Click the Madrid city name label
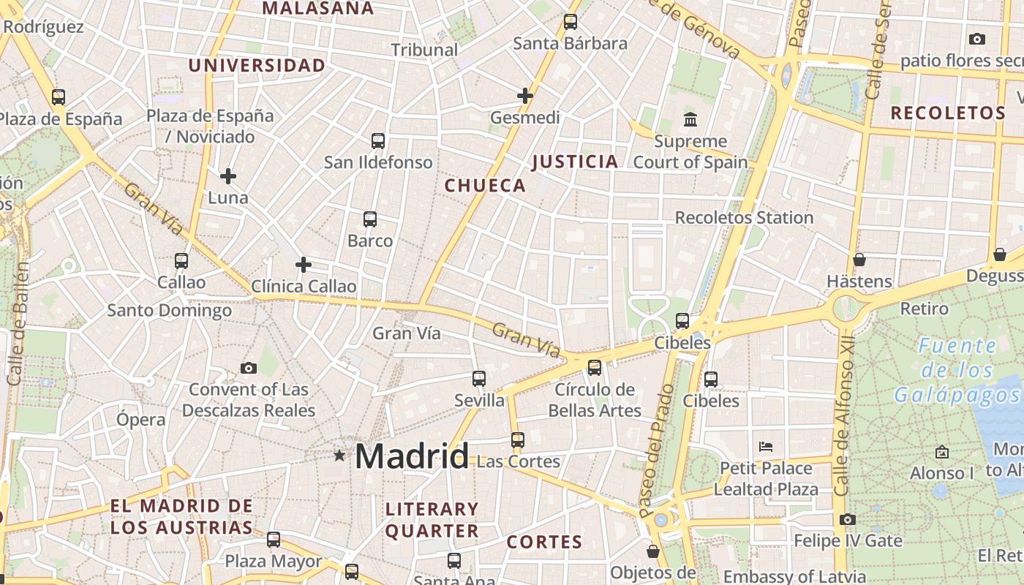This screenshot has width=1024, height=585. (412, 457)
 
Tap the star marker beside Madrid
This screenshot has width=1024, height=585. (339, 456)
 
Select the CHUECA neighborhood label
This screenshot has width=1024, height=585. (485, 186)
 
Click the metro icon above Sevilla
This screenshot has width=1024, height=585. (479, 379)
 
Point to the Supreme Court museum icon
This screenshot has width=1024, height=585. (690, 119)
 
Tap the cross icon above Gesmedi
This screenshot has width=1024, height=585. (525, 96)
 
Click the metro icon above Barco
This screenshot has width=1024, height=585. (370, 219)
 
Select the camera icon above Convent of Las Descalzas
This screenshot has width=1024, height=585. (249, 368)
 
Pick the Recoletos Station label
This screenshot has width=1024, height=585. (744, 217)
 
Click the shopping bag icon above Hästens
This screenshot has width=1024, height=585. (859, 260)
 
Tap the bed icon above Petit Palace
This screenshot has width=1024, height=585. (766, 446)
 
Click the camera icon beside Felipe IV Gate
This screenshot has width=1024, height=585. (848, 520)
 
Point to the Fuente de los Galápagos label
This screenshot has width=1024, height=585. (957, 371)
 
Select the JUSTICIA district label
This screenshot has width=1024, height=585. (575, 162)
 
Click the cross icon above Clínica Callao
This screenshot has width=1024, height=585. (304, 265)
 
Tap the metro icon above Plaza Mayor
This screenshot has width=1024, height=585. (274, 540)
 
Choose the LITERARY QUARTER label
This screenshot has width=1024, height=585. (432, 520)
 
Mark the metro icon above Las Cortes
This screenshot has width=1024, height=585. (518, 440)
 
